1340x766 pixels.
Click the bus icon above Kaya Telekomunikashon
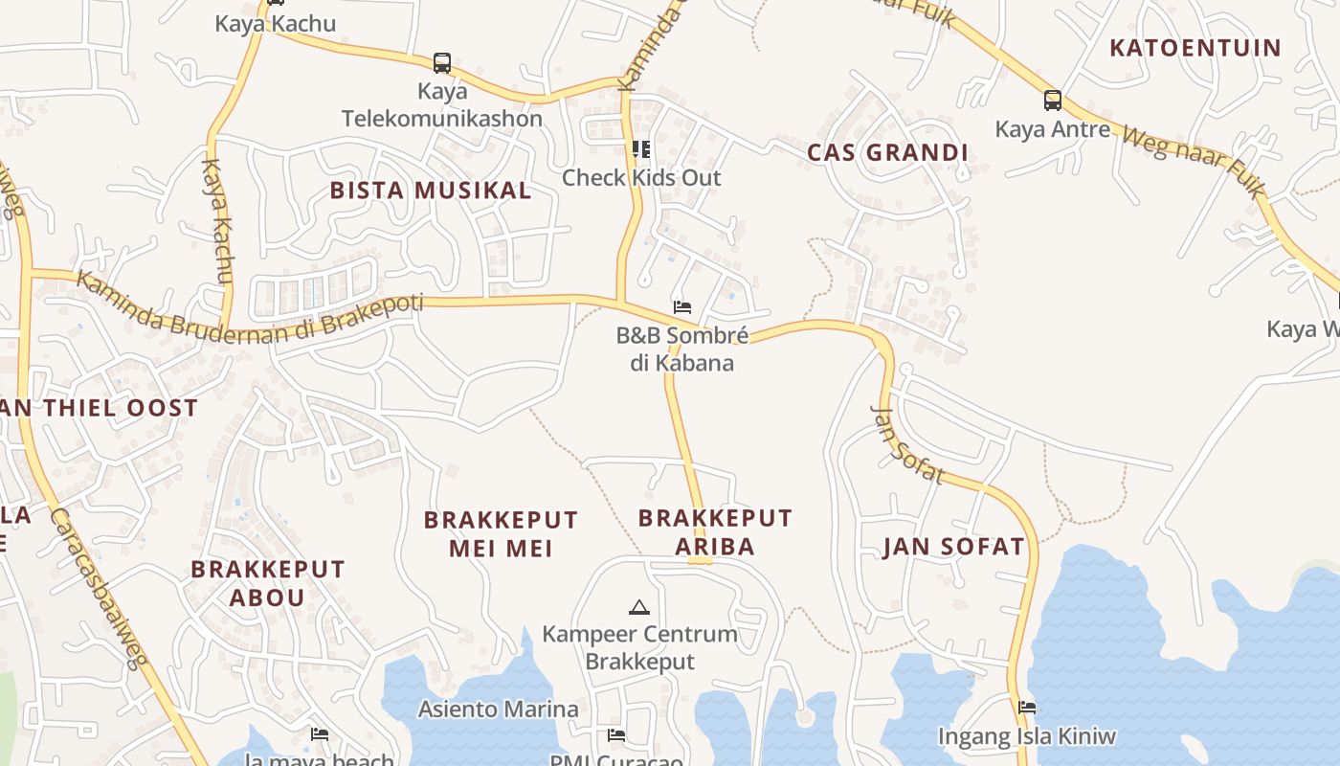[x=441, y=63]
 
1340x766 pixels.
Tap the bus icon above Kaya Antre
[x=1052, y=100]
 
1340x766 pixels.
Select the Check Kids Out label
[x=641, y=177]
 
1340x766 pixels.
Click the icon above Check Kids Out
[x=641, y=148]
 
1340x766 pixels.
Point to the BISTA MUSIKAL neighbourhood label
[x=431, y=190]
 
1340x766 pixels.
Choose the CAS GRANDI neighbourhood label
[x=887, y=152]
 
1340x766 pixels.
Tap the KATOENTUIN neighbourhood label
[x=1195, y=48]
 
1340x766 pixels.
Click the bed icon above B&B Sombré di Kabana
[x=682, y=307]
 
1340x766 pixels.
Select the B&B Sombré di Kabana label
[x=681, y=349]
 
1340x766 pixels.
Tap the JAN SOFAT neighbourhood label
[x=953, y=547]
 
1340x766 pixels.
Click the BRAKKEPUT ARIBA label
[x=715, y=532]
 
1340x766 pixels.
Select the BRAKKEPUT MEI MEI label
[x=501, y=534]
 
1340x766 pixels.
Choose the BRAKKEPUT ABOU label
[x=267, y=582]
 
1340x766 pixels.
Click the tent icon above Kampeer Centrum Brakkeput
[x=638, y=607]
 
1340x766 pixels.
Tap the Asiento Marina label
[x=499, y=710]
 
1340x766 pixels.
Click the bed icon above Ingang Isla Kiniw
[x=1027, y=708]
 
